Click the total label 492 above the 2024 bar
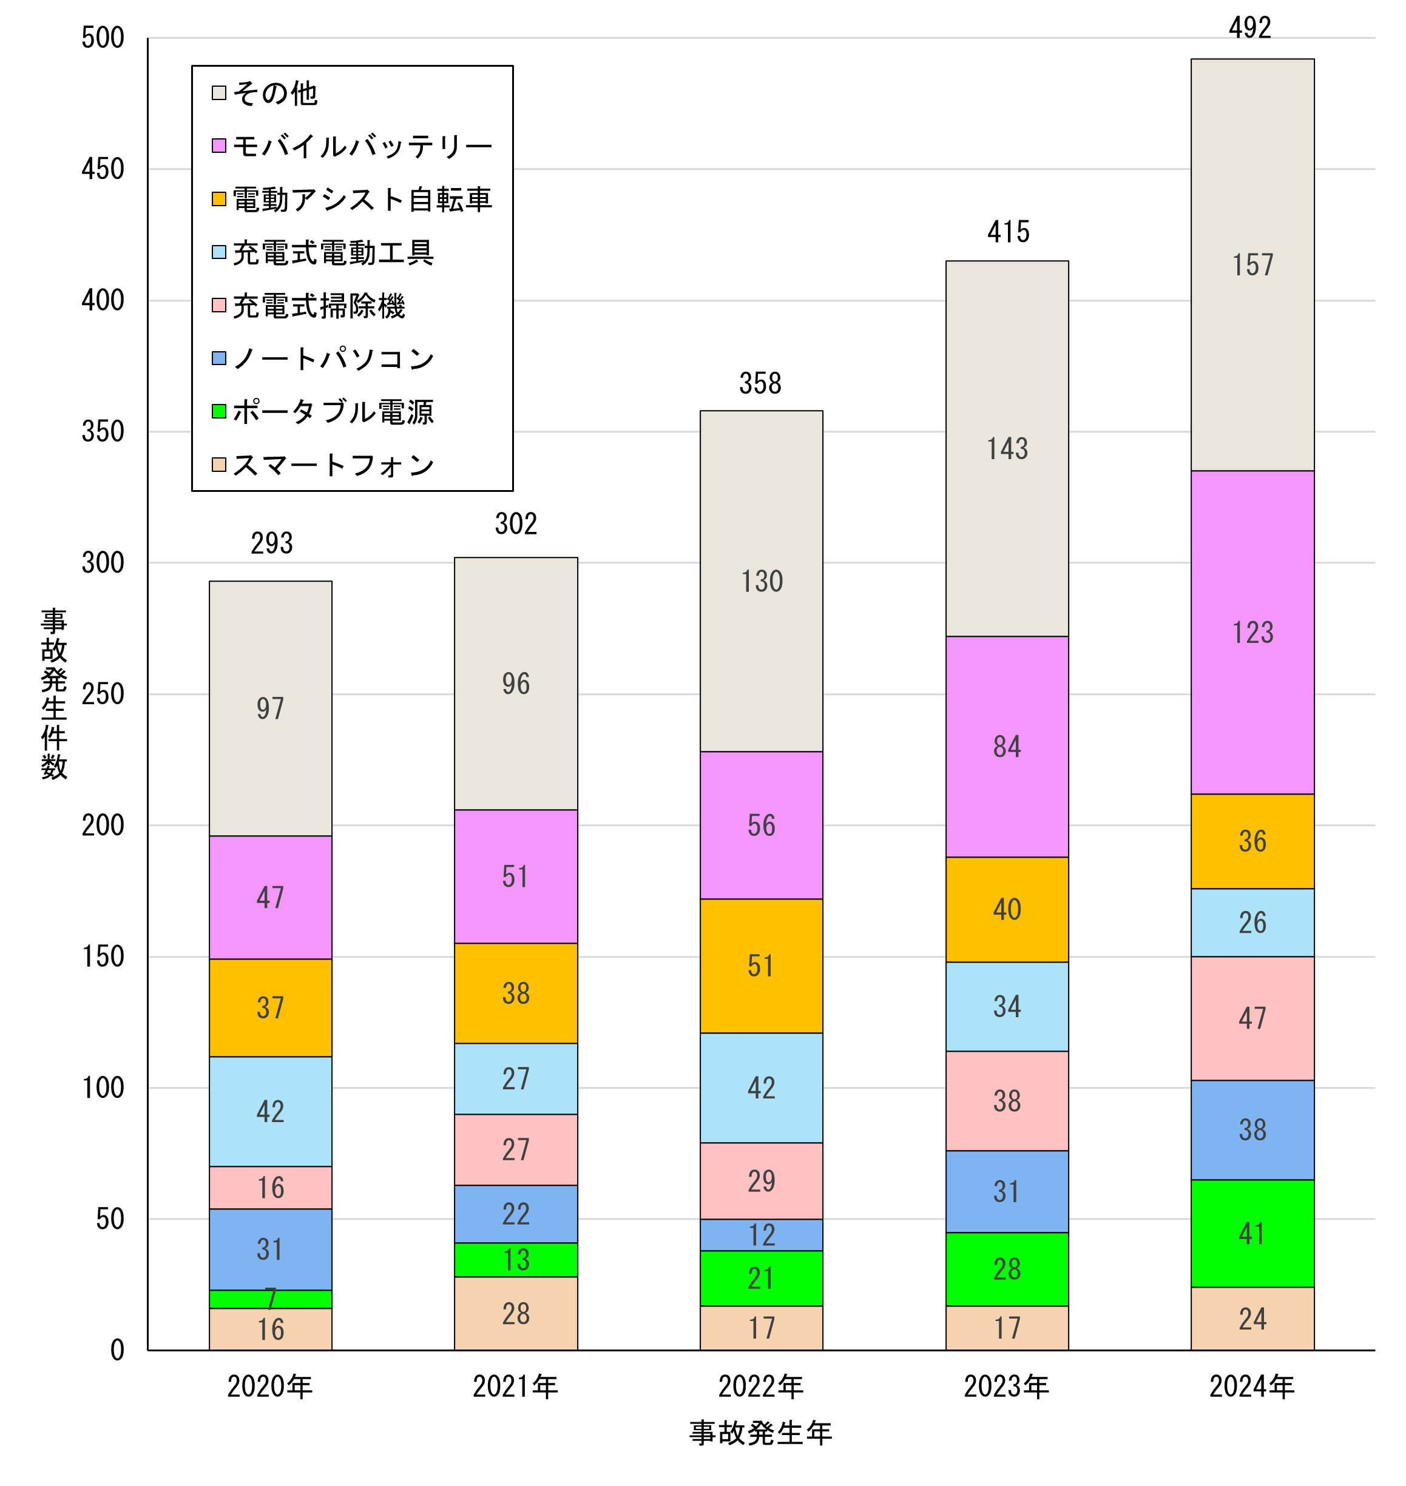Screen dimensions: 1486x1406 click(1249, 29)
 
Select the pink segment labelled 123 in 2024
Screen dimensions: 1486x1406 click(1252, 632)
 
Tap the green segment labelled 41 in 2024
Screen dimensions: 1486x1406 click(1252, 1233)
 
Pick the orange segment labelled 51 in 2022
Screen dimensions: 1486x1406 click(761, 966)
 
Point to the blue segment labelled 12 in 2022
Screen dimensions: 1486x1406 click(761, 1234)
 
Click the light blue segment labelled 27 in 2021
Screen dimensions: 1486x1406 click(516, 1078)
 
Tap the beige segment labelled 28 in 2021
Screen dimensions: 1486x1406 click(516, 1313)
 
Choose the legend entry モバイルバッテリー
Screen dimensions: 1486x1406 click(361, 146)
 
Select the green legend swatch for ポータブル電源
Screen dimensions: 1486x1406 click(219, 411)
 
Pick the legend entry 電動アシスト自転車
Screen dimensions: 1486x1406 click(361, 199)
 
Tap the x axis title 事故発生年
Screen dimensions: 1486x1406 click(761, 1433)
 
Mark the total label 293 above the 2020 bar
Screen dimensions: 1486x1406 click(271, 543)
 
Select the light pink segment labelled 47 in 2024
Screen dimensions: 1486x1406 click(1252, 1018)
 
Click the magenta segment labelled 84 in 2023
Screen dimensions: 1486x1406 click(1007, 747)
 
